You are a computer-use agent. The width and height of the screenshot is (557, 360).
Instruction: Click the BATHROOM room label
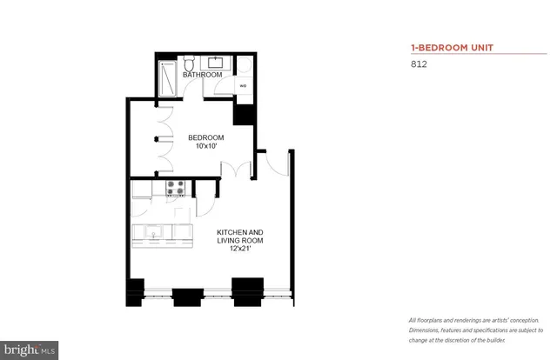[x=202, y=76]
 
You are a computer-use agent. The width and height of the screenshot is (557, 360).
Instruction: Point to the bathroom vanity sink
[x=214, y=63]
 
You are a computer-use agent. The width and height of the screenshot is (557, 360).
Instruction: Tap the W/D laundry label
[x=244, y=86]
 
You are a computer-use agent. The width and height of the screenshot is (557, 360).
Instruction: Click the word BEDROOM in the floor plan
[x=206, y=137]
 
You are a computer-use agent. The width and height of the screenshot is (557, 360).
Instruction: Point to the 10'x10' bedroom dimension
[x=206, y=147]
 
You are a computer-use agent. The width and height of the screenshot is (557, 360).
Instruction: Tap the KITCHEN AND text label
[x=240, y=232]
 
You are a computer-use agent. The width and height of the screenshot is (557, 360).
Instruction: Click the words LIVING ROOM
[x=240, y=241]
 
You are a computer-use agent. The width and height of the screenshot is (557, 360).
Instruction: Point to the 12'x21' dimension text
[x=240, y=250]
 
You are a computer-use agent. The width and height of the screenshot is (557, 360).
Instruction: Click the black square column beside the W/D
[x=244, y=114]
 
